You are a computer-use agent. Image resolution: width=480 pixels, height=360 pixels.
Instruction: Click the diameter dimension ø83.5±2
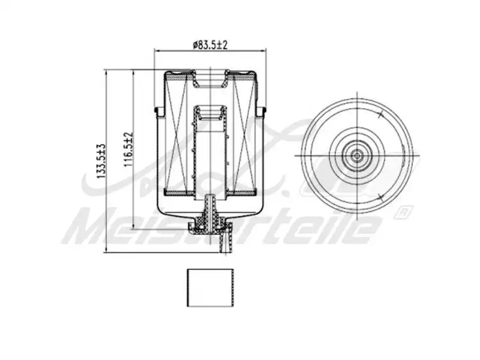209,44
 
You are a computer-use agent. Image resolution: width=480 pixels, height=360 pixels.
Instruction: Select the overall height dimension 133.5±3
102,161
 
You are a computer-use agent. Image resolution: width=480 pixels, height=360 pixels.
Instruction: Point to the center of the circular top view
357,155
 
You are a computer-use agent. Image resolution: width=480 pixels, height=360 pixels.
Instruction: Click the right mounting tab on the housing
262,112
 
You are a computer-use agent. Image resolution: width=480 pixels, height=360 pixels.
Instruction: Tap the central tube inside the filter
210,153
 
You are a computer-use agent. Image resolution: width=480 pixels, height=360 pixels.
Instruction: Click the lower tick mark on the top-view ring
380,197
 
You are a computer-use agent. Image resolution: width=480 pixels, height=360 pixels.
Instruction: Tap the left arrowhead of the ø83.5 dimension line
158,51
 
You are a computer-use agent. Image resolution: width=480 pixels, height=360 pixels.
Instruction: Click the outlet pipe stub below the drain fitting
224,243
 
